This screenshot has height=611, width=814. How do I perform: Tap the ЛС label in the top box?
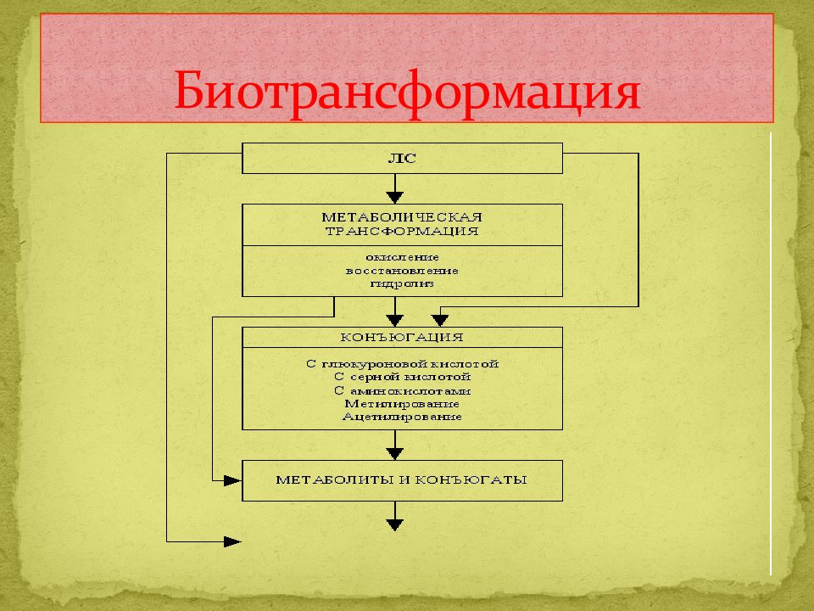402,159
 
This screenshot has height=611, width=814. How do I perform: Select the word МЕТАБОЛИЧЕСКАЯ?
402,217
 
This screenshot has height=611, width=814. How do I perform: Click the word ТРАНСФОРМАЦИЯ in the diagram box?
402,231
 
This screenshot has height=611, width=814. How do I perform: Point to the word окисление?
402,257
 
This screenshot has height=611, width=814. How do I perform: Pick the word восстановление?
402,271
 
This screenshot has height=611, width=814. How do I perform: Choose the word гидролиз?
402,284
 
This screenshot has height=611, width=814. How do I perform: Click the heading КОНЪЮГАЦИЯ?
402,337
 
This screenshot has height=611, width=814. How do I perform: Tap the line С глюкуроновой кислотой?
402,364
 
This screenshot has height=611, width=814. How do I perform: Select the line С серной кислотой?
402,377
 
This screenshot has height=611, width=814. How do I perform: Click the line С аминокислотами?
402,390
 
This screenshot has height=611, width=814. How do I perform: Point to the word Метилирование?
402,404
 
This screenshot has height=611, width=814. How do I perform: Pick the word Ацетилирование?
402,417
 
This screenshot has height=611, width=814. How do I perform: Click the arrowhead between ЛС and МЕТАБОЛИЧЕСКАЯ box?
395,198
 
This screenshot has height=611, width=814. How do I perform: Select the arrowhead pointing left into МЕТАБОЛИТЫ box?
232,480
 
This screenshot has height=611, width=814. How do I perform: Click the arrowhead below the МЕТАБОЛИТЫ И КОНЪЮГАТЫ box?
395,524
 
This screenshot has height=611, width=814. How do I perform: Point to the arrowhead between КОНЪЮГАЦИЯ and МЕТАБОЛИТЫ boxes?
395,453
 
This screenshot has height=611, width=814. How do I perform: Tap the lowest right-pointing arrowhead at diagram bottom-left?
232,542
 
